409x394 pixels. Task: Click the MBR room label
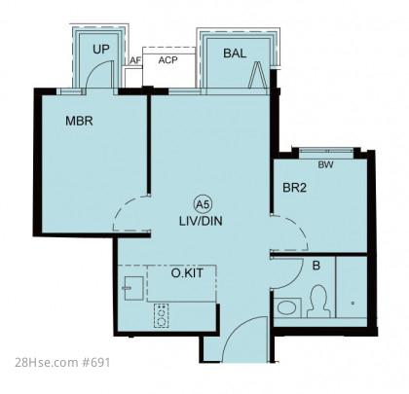79,121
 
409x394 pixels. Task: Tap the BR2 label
294,188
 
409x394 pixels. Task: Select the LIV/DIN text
201,221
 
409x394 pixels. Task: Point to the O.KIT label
187,273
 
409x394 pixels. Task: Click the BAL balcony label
235,54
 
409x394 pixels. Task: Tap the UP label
101,50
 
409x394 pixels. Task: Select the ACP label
168,60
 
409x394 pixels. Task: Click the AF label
135,60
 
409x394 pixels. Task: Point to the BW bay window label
325,164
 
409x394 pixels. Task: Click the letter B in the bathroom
316,266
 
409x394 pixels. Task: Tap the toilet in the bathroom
318,302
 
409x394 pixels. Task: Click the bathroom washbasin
287,307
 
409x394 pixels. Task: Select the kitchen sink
133,288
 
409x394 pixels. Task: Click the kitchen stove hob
162,315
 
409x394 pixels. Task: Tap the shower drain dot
353,304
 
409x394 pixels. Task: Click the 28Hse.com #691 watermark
62,362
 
